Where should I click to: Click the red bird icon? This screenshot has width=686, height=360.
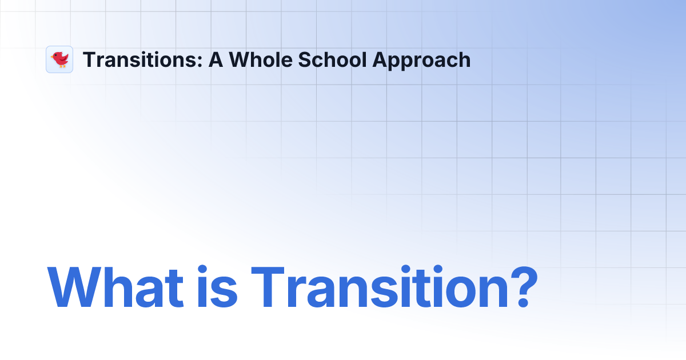[59, 59]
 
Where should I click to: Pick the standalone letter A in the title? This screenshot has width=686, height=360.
[216, 59]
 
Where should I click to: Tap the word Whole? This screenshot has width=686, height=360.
[255, 59]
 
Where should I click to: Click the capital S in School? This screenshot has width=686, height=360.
[298, 59]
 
